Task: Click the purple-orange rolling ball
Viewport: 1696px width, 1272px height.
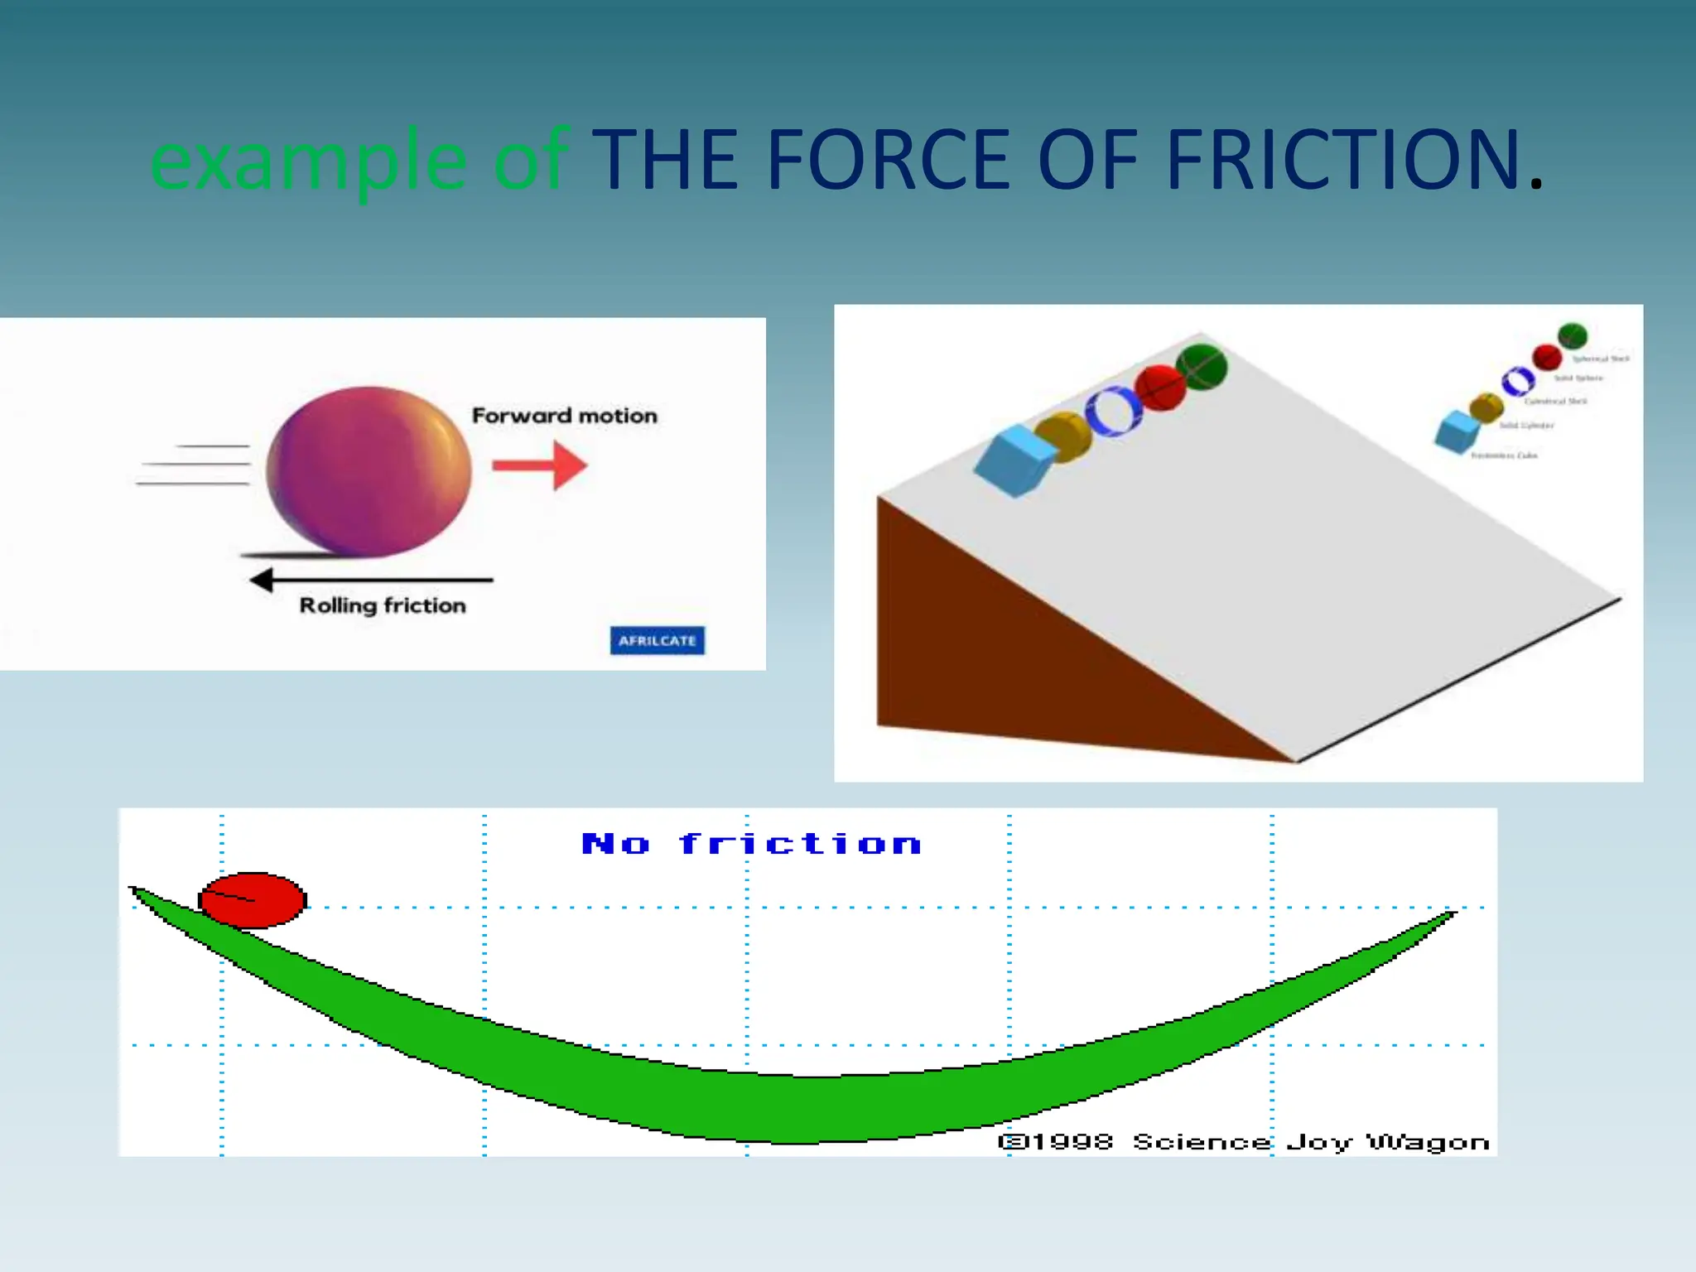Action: pyautogui.click(x=369, y=471)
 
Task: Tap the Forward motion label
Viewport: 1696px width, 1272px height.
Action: pyautogui.click(x=564, y=416)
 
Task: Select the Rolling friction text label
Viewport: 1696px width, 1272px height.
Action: pyautogui.click(x=383, y=606)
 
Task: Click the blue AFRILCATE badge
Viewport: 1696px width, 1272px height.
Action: pyautogui.click(x=658, y=640)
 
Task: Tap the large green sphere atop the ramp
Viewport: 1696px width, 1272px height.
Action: pyautogui.click(x=1201, y=366)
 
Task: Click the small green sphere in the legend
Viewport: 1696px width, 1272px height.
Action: pyautogui.click(x=1572, y=335)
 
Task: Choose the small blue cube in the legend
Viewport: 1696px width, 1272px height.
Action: pyautogui.click(x=1457, y=431)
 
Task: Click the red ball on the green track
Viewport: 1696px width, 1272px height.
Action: pyautogui.click(x=253, y=899)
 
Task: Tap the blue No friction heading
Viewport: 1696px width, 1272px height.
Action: pyautogui.click(x=750, y=844)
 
